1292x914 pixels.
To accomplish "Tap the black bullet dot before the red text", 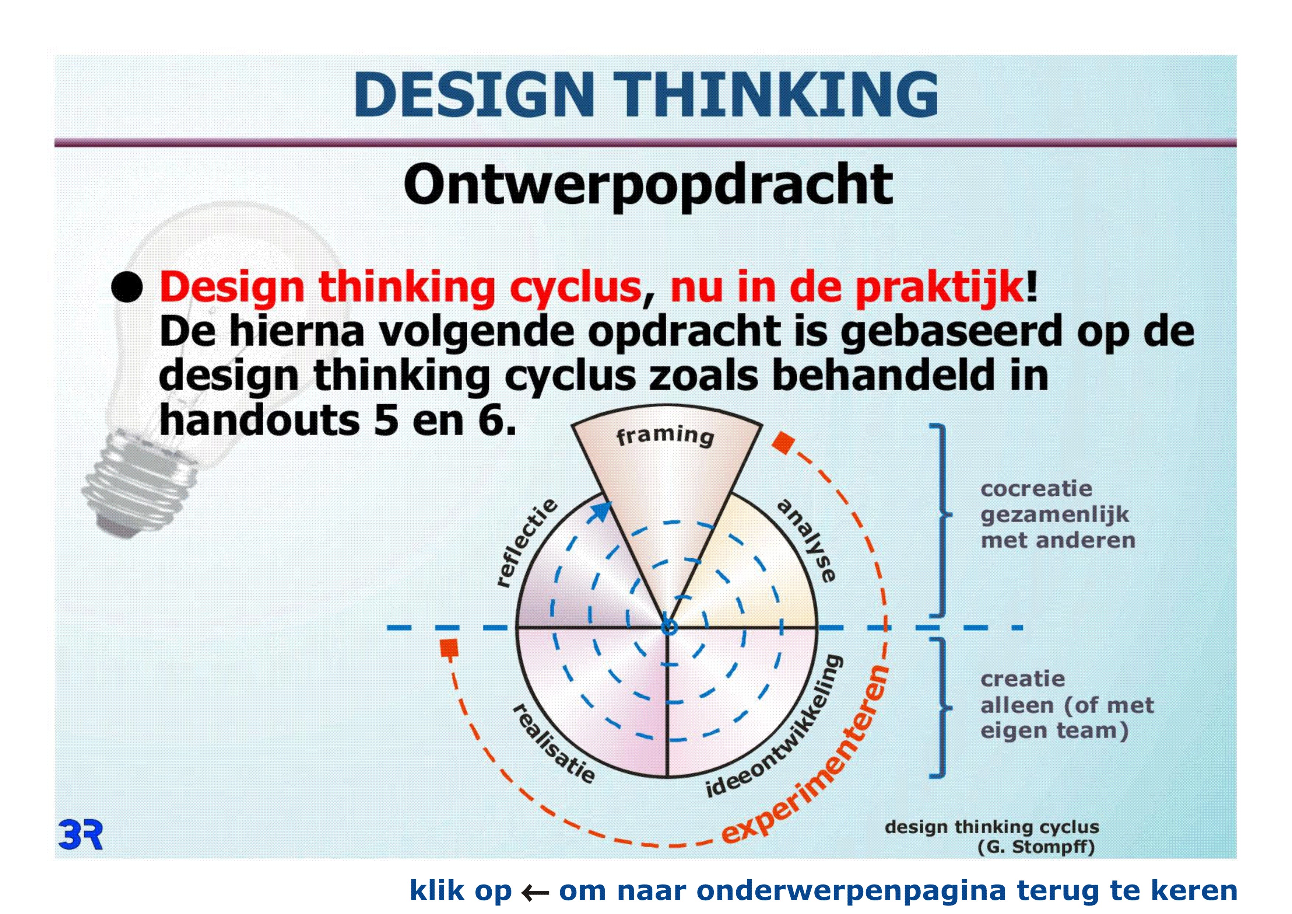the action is pos(127,288).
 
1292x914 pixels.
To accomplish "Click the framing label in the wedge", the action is pos(665,435).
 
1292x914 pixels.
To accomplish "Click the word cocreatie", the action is pos(1036,488).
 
